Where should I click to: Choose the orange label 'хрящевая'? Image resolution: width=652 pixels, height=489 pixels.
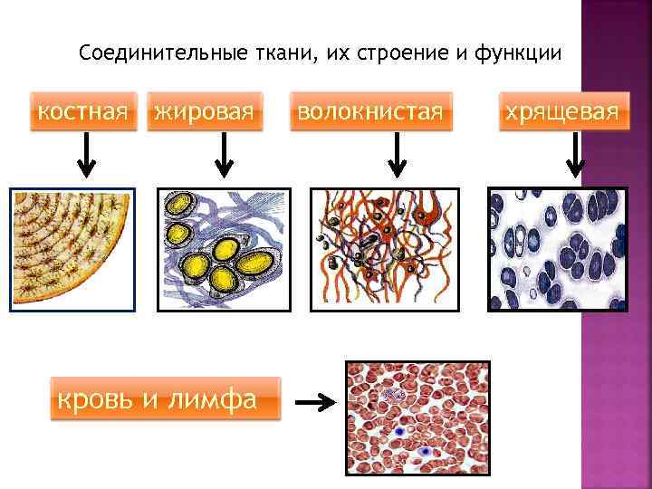tap(561, 112)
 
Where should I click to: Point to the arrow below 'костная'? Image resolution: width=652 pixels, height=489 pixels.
tap(84, 155)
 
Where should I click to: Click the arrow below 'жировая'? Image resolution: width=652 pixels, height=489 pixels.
tap(223, 155)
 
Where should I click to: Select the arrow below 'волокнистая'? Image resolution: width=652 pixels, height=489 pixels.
tap(396, 155)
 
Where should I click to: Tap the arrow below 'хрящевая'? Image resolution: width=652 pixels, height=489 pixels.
tap(572, 155)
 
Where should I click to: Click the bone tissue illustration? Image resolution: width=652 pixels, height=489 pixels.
tap(72, 250)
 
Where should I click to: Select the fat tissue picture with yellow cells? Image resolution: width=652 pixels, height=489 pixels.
tap(224, 250)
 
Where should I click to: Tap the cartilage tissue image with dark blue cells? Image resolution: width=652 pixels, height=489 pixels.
tap(557, 250)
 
